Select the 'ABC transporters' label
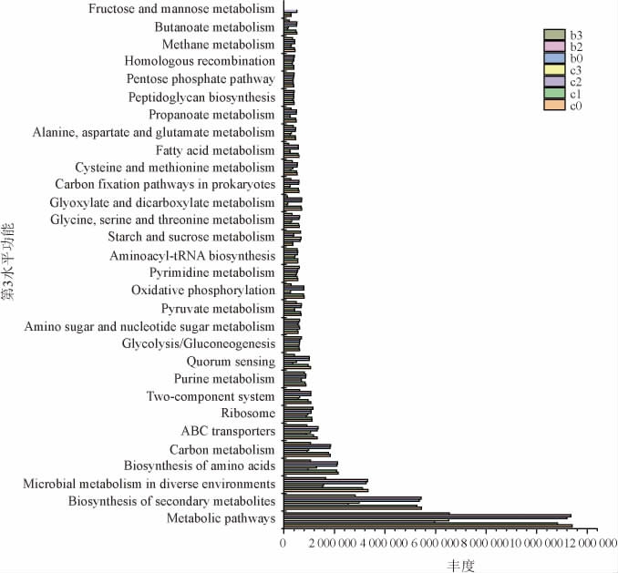coord(228,431)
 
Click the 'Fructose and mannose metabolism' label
coord(181,9)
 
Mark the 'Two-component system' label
coord(211,396)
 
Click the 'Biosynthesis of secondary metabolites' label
coord(171,502)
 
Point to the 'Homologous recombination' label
coord(200,62)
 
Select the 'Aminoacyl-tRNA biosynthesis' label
coord(191,256)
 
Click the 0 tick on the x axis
coord(283,543)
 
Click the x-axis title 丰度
coord(460,565)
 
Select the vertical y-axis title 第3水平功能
coord(8,264)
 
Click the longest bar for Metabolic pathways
coord(427,526)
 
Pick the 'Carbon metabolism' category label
coord(221,449)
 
